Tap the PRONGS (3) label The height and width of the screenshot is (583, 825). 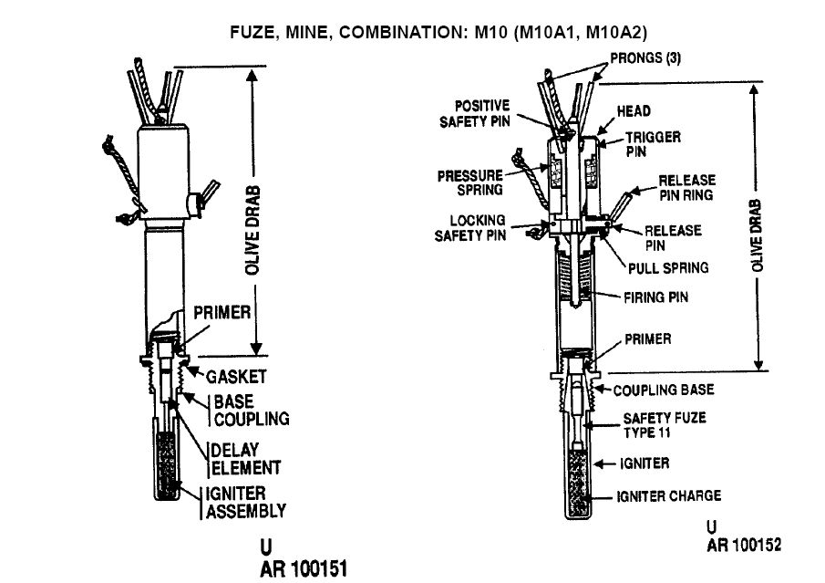[x=645, y=57]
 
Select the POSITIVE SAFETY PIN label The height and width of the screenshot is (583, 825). [x=475, y=114]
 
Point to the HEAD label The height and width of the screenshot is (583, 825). [x=634, y=111]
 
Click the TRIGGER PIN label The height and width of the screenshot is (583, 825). [x=653, y=144]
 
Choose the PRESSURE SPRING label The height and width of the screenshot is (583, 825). [x=469, y=182]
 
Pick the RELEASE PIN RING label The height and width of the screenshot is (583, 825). [x=686, y=187]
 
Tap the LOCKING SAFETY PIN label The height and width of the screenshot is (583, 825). [x=469, y=228]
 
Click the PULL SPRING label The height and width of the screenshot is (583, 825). [x=668, y=268]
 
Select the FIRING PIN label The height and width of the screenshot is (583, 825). [x=655, y=297]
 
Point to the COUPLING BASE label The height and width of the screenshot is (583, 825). [x=664, y=390]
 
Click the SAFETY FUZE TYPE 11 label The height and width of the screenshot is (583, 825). [x=665, y=425]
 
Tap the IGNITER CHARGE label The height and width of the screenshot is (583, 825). [x=669, y=495]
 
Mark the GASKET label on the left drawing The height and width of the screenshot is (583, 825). [x=236, y=377]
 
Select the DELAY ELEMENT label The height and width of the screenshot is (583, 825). [x=246, y=459]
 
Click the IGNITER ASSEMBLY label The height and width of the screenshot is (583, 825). [x=245, y=502]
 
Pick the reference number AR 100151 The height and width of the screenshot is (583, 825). [x=304, y=569]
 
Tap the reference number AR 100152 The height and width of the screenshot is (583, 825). [x=744, y=545]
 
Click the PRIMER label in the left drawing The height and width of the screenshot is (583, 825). [x=222, y=312]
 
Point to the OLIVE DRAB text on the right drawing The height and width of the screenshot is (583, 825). [x=757, y=235]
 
